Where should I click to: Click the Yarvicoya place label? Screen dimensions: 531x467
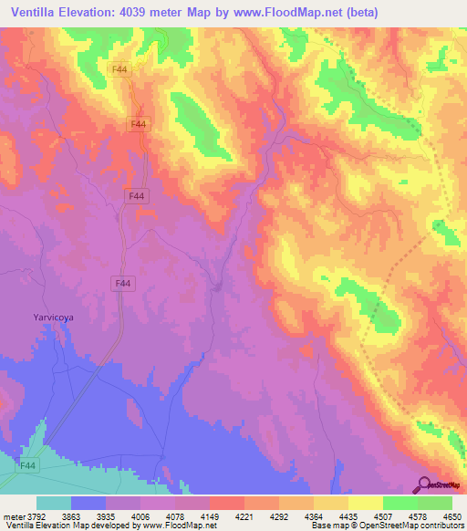52,318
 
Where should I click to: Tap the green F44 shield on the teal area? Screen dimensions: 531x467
29,465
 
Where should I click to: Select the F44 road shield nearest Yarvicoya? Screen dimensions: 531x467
122,284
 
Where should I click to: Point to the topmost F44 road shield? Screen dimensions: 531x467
119,69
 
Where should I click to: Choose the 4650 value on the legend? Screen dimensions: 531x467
451,515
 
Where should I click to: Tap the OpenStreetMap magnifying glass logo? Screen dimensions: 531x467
424,484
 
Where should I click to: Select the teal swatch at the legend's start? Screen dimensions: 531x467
54,503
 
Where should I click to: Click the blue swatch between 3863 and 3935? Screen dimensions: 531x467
88,503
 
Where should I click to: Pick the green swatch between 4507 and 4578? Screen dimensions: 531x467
400,503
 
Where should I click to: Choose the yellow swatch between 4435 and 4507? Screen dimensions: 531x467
366,503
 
